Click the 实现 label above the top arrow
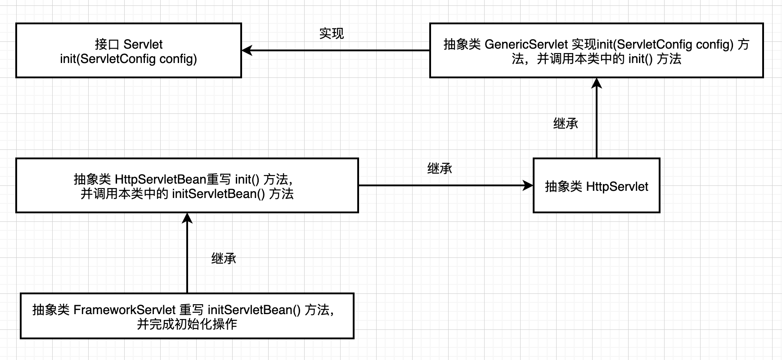pos(332,34)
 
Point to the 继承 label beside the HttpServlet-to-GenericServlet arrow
pos(566,124)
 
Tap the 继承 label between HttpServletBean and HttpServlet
pos(440,169)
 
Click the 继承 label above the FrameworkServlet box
pos(224,259)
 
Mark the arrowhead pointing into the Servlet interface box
pos(247,50)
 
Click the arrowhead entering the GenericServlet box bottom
pos(597,83)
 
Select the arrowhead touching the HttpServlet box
pos(528,185)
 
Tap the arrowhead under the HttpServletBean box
pos(187,218)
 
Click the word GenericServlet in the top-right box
pos(526,45)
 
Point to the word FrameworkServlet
pos(124,310)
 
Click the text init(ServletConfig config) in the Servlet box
pos(129,59)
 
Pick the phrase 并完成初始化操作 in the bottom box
pos(187,324)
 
